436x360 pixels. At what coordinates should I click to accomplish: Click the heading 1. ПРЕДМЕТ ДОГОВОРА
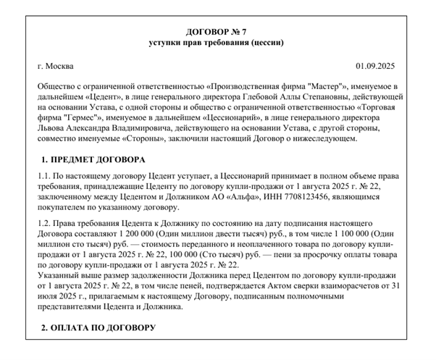[93, 159]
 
